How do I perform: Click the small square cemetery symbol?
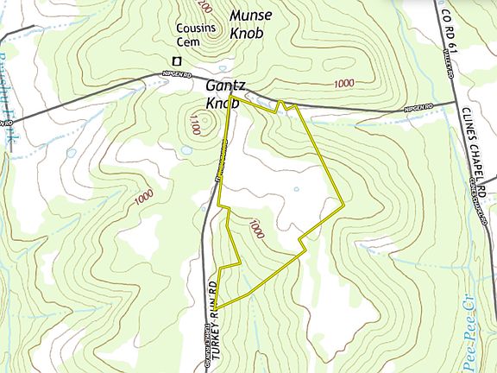[178, 60]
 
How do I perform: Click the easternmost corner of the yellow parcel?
[345, 205]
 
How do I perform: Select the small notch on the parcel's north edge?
[280, 104]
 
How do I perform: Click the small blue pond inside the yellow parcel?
[296, 189]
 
